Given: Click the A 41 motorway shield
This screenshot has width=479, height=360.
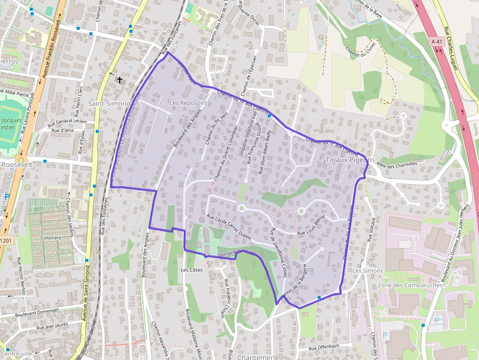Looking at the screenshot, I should click(436, 42).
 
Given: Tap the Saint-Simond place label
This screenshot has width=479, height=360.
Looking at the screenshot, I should click(109, 104).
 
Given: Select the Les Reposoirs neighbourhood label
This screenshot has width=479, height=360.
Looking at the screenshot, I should click(188, 104).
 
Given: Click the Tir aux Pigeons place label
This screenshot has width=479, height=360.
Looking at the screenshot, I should click(350, 160).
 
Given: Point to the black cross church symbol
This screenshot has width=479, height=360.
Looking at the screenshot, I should click(119, 79).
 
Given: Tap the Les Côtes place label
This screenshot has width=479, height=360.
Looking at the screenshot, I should click(191, 270).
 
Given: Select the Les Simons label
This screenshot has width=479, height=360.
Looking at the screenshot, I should click(368, 271).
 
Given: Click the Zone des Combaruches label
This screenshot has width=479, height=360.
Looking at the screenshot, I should click(410, 285).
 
